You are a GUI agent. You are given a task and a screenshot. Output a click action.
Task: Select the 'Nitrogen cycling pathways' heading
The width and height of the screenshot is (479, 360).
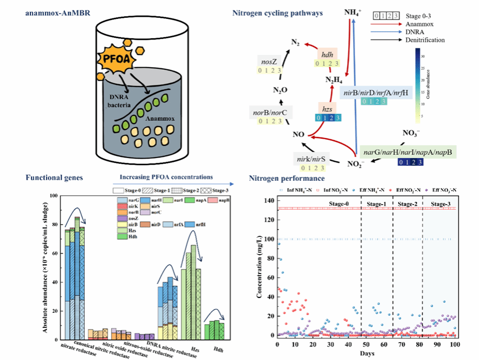click(277, 12)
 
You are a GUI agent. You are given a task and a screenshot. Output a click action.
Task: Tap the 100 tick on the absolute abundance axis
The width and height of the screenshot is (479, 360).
click(54, 196)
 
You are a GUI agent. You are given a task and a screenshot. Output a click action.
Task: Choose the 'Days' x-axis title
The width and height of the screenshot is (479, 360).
click(365, 353)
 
